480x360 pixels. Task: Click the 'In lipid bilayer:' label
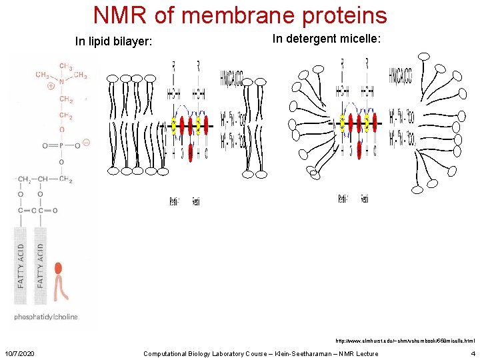point(114,43)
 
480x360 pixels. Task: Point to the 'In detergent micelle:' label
point(327,39)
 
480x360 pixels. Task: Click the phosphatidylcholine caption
point(46,317)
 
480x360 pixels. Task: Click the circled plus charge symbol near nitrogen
point(51,86)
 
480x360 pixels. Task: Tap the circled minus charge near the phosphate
point(87,142)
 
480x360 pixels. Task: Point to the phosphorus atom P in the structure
point(61,145)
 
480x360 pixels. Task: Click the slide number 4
point(473,353)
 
